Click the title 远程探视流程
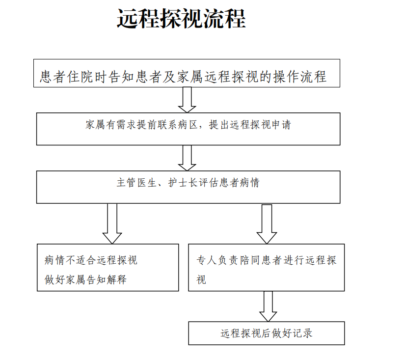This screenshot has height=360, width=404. [x=181, y=19]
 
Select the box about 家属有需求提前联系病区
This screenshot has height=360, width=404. [x=188, y=129]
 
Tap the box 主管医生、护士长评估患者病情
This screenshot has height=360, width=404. [x=188, y=187]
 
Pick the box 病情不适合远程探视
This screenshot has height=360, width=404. [x=108, y=267]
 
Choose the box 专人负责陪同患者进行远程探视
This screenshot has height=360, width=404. [x=267, y=267]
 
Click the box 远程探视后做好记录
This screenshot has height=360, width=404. [x=267, y=333]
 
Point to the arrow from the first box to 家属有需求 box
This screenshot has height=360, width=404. [x=187, y=100]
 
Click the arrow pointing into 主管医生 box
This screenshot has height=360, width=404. [x=187, y=158]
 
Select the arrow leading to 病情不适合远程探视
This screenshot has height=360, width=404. [x=112, y=223]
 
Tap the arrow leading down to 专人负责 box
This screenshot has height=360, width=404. [x=267, y=223]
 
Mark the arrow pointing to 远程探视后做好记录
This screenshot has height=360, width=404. [x=268, y=306]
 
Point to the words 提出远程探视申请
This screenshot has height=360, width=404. [x=250, y=125]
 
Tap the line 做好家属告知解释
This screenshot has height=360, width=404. [x=85, y=279]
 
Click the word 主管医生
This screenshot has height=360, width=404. [x=132, y=183]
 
